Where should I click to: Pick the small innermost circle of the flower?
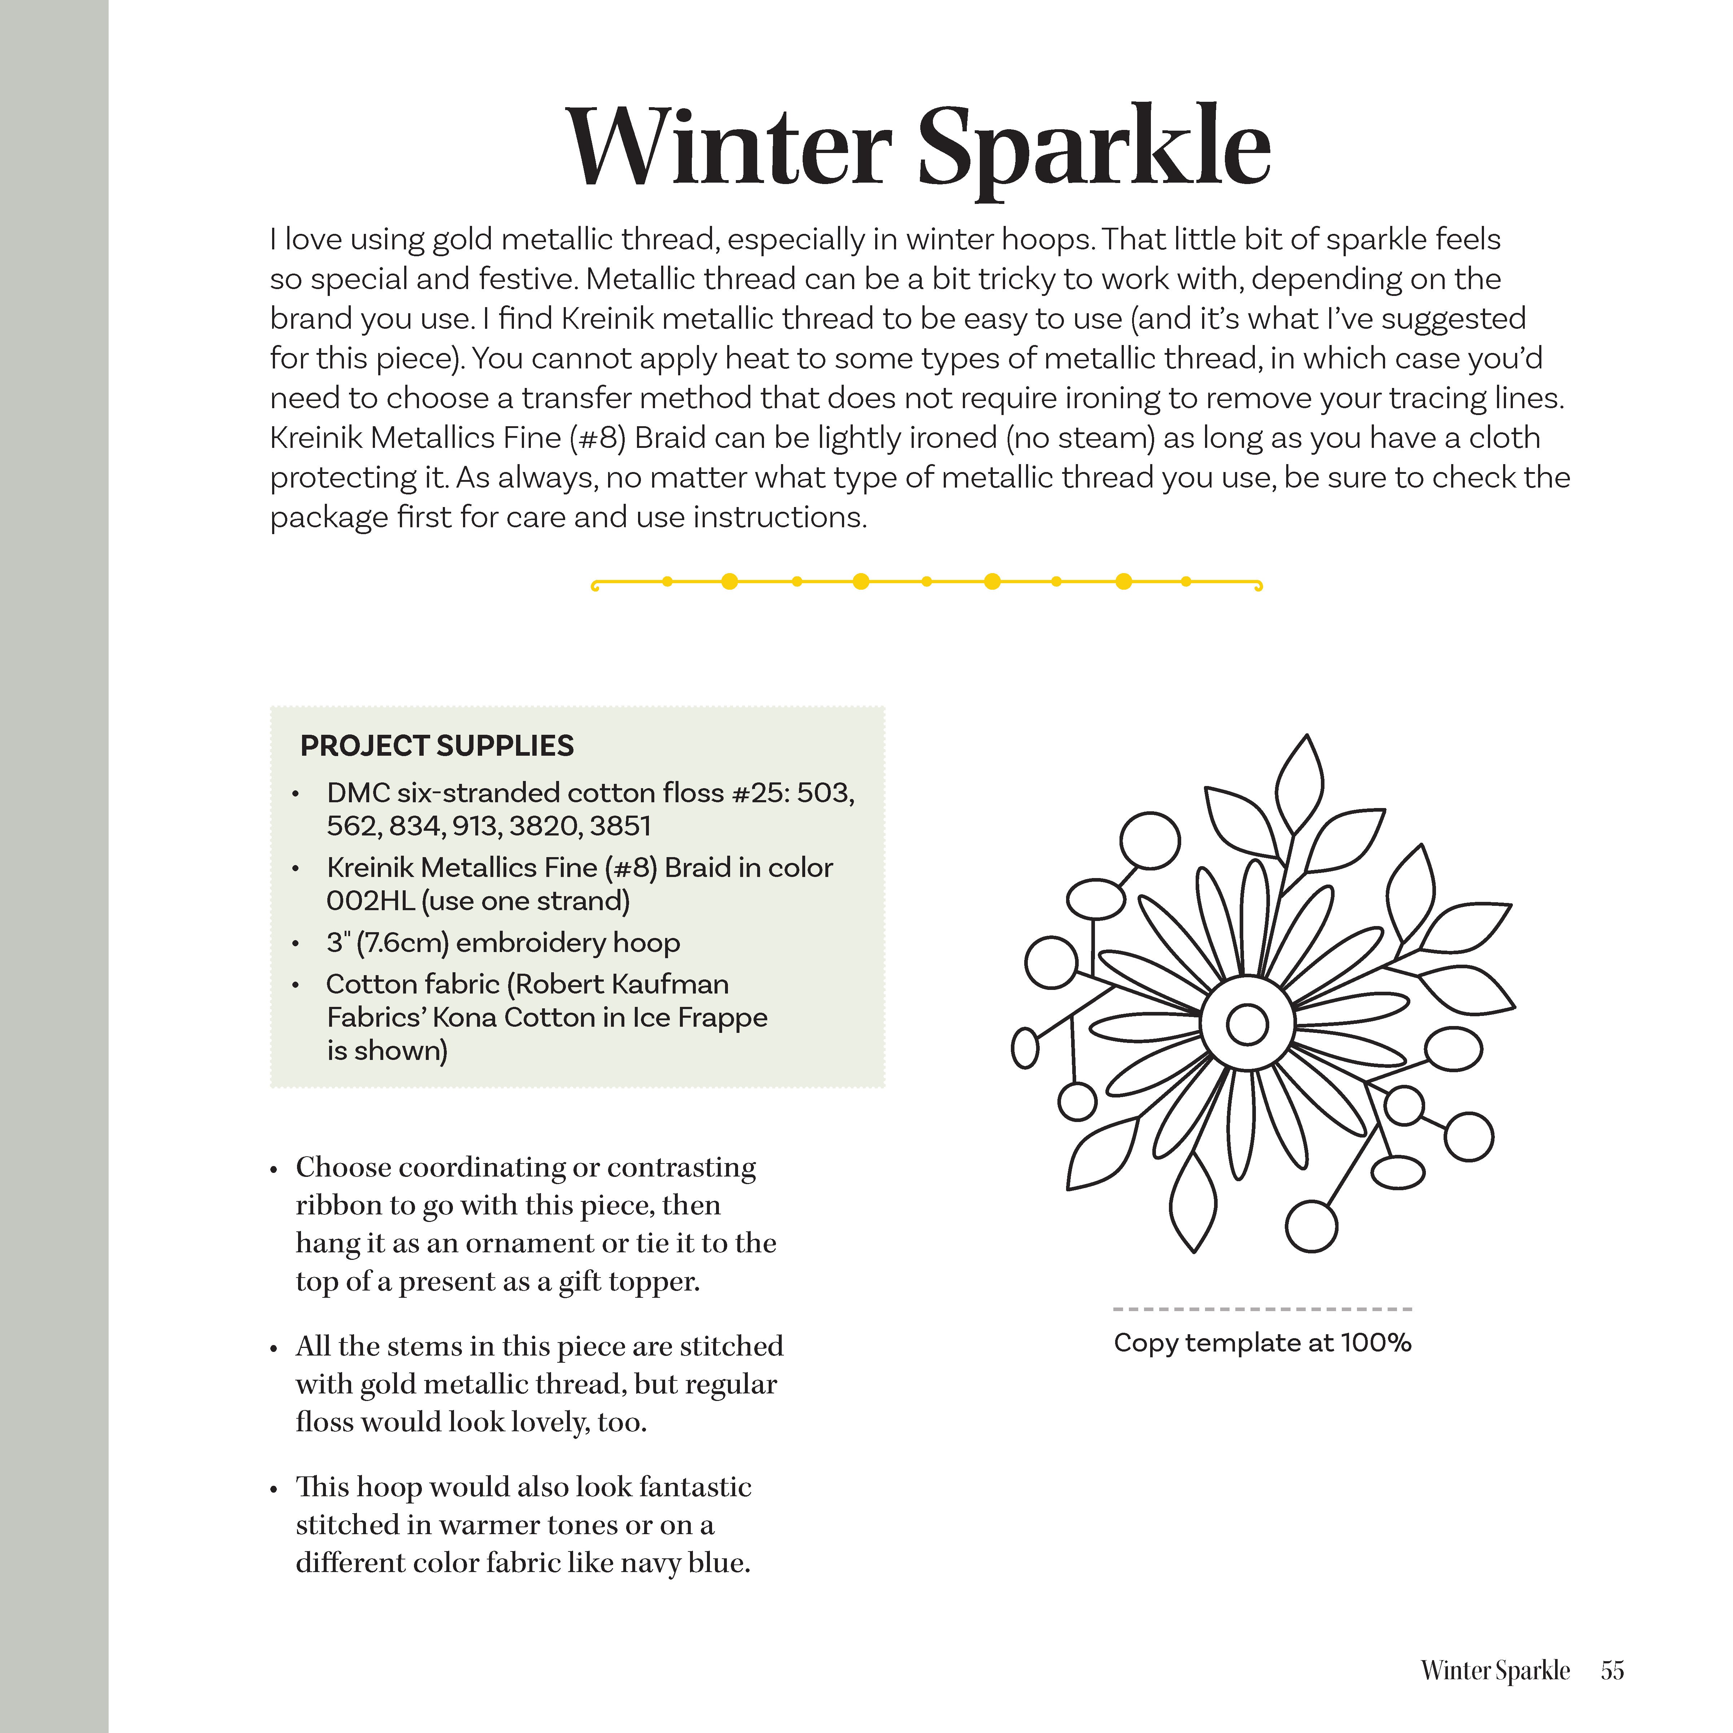click(1247, 1024)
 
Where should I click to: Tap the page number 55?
click(1612, 1670)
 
